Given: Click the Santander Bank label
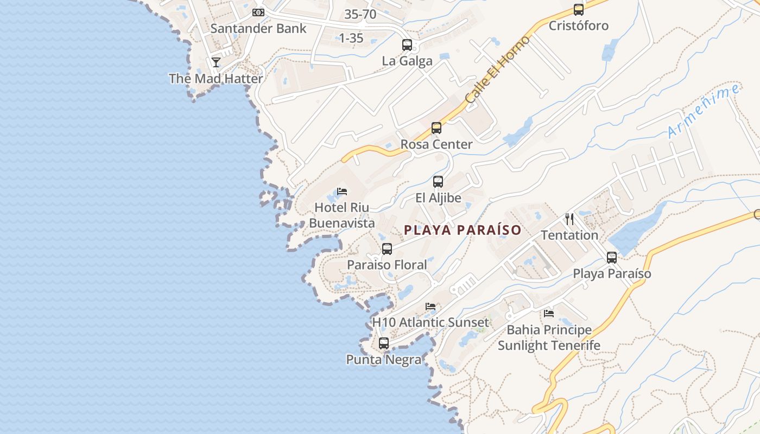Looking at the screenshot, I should [x=258, y=28].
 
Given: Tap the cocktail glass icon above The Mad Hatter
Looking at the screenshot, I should [x=216, y=62].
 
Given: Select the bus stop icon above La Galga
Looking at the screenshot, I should [x=407, y=45].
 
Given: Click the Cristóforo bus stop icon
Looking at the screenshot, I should [x=579, y=10].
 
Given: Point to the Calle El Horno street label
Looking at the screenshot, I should [x=497, y=70].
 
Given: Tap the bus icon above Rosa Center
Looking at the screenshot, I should [x=436, y=129].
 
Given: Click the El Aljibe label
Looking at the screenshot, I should [x=438, y=198].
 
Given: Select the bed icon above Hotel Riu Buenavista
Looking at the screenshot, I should [x=342, y=192].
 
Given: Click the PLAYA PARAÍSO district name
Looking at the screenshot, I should [x=463, y=230].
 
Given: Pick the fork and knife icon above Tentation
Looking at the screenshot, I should [x=569, y=219].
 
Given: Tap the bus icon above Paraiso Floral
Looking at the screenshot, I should [x=387, y=249].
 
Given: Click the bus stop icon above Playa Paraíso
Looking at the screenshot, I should [x=612, y=258].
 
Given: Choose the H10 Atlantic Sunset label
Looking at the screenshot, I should [x=430, y=322].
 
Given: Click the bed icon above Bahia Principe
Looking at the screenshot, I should [x=549, y=314].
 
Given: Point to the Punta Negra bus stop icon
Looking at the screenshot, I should [x=384, y=343].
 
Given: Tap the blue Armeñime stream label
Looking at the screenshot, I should [x=704, y=111].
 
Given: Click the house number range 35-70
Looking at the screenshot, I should [x=360, y=15].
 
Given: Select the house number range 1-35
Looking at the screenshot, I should [x=351, y=38].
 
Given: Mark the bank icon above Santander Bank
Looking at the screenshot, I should [x=258, y=12].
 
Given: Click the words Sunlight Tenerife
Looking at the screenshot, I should [x=549, y=345].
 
